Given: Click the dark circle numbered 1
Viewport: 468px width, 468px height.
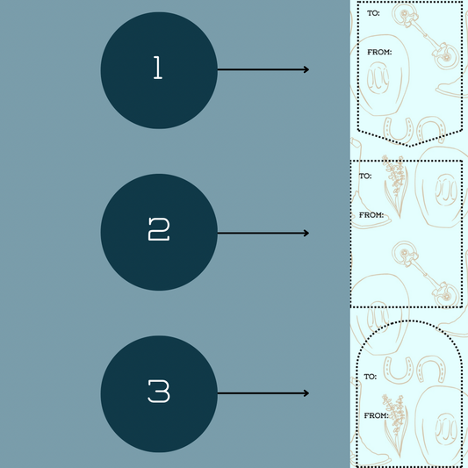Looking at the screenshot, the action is [x=159, y=70].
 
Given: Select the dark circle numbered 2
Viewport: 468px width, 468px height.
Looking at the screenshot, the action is [x=159, y=232].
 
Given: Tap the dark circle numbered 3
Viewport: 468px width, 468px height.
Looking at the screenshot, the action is [x=159, y=394].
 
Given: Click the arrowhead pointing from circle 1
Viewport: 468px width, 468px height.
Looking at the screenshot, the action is [x=306, y=69].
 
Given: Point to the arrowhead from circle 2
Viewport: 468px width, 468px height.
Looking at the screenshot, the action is [x=306, y=233].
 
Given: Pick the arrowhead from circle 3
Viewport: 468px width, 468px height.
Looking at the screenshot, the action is [x=306, y=393].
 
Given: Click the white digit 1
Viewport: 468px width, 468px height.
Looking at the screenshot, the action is [x=158, y=68].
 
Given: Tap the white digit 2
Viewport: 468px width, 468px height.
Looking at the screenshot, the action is [x=159, y=229].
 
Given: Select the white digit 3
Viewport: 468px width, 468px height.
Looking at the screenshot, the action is [x=159, y=392].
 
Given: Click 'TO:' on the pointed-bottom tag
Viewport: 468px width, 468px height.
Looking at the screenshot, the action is [x=373, y=13].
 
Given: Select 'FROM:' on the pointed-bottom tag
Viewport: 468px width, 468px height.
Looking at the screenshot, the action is [x=379, y=52].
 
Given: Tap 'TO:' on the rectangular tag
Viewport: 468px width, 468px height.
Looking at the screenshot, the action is [x=365, y=176].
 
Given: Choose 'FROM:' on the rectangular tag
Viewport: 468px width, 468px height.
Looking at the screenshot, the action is [x=371, y=215].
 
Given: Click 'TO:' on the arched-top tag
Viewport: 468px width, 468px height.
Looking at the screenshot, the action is [x=371, y=377].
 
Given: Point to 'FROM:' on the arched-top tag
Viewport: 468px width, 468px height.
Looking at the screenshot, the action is [x=376, y=415].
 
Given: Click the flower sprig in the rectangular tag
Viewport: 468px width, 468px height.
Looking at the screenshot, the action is [x=395, y=186].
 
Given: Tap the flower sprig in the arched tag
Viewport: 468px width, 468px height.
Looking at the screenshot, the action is [x=395, y=426].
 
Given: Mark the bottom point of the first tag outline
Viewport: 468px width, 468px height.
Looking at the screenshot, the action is [x=409, y=147].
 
